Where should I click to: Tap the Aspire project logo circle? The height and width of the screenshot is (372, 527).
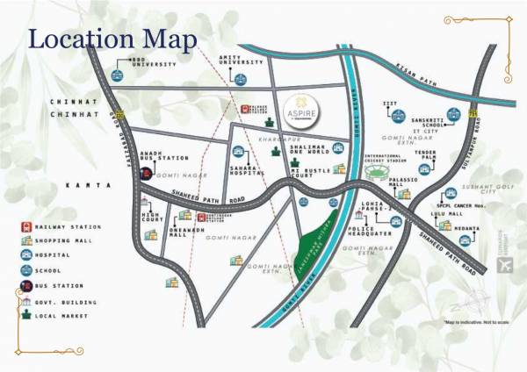302,112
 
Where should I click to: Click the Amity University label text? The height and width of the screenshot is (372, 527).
241,58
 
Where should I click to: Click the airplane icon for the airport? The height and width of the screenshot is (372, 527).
502,264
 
